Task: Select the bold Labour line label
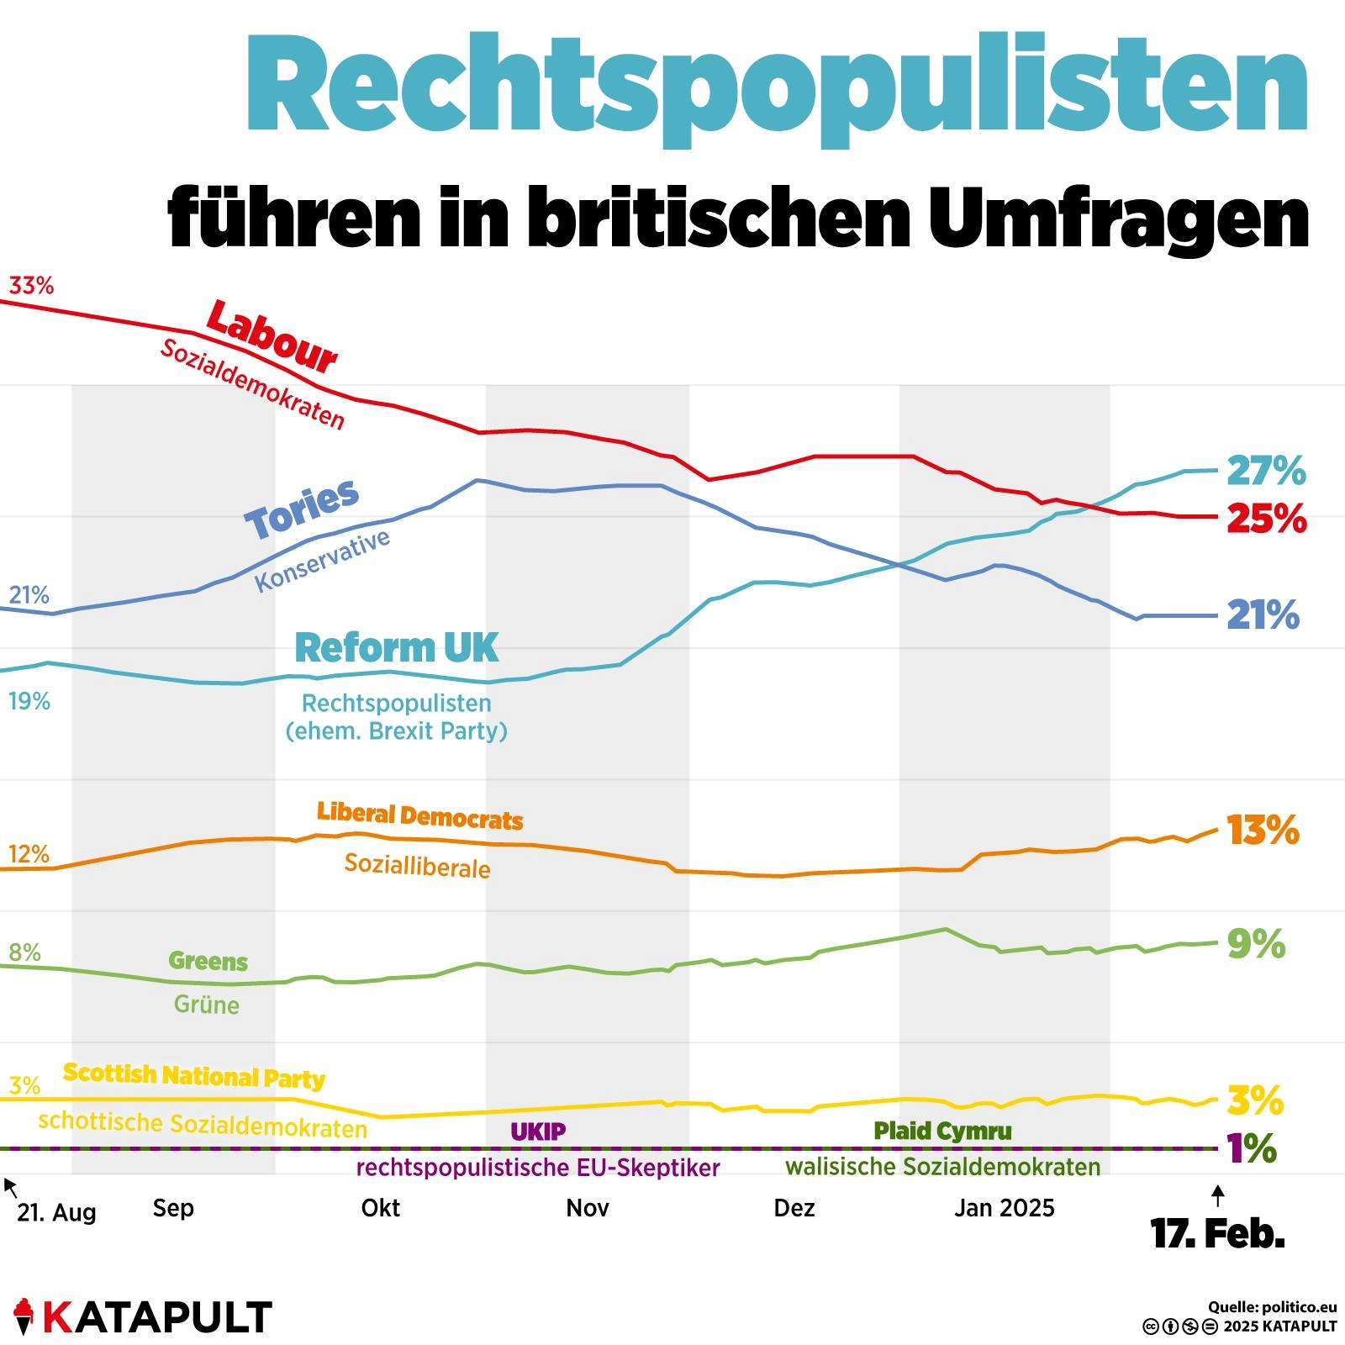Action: (x=272, y=336)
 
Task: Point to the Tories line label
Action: (x=302, y=509)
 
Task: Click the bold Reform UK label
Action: (x=397, y=648)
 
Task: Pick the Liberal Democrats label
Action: (x=419, y=815)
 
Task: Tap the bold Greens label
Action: (x=208, y=961)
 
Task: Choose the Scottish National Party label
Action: (x=194, y=1076)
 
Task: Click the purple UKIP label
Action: (x=538, y=1131)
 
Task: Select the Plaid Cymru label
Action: (x=942, y=1131)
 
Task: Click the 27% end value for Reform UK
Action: (x=1266, y=471)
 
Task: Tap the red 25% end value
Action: (x=1266, y=519)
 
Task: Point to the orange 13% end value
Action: (x=1263, y=831)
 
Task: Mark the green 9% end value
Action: (x=1256, y=944)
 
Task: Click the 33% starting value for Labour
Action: (x=31, y=286)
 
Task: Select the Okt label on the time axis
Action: (x=380, y=1208)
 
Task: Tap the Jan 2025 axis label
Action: (x=1004, y=1208)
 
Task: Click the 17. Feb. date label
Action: (x=1217, y=1234)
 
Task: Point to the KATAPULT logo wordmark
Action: (x=156, y=1317)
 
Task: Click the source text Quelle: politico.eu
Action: (x=1272, y=1307)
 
